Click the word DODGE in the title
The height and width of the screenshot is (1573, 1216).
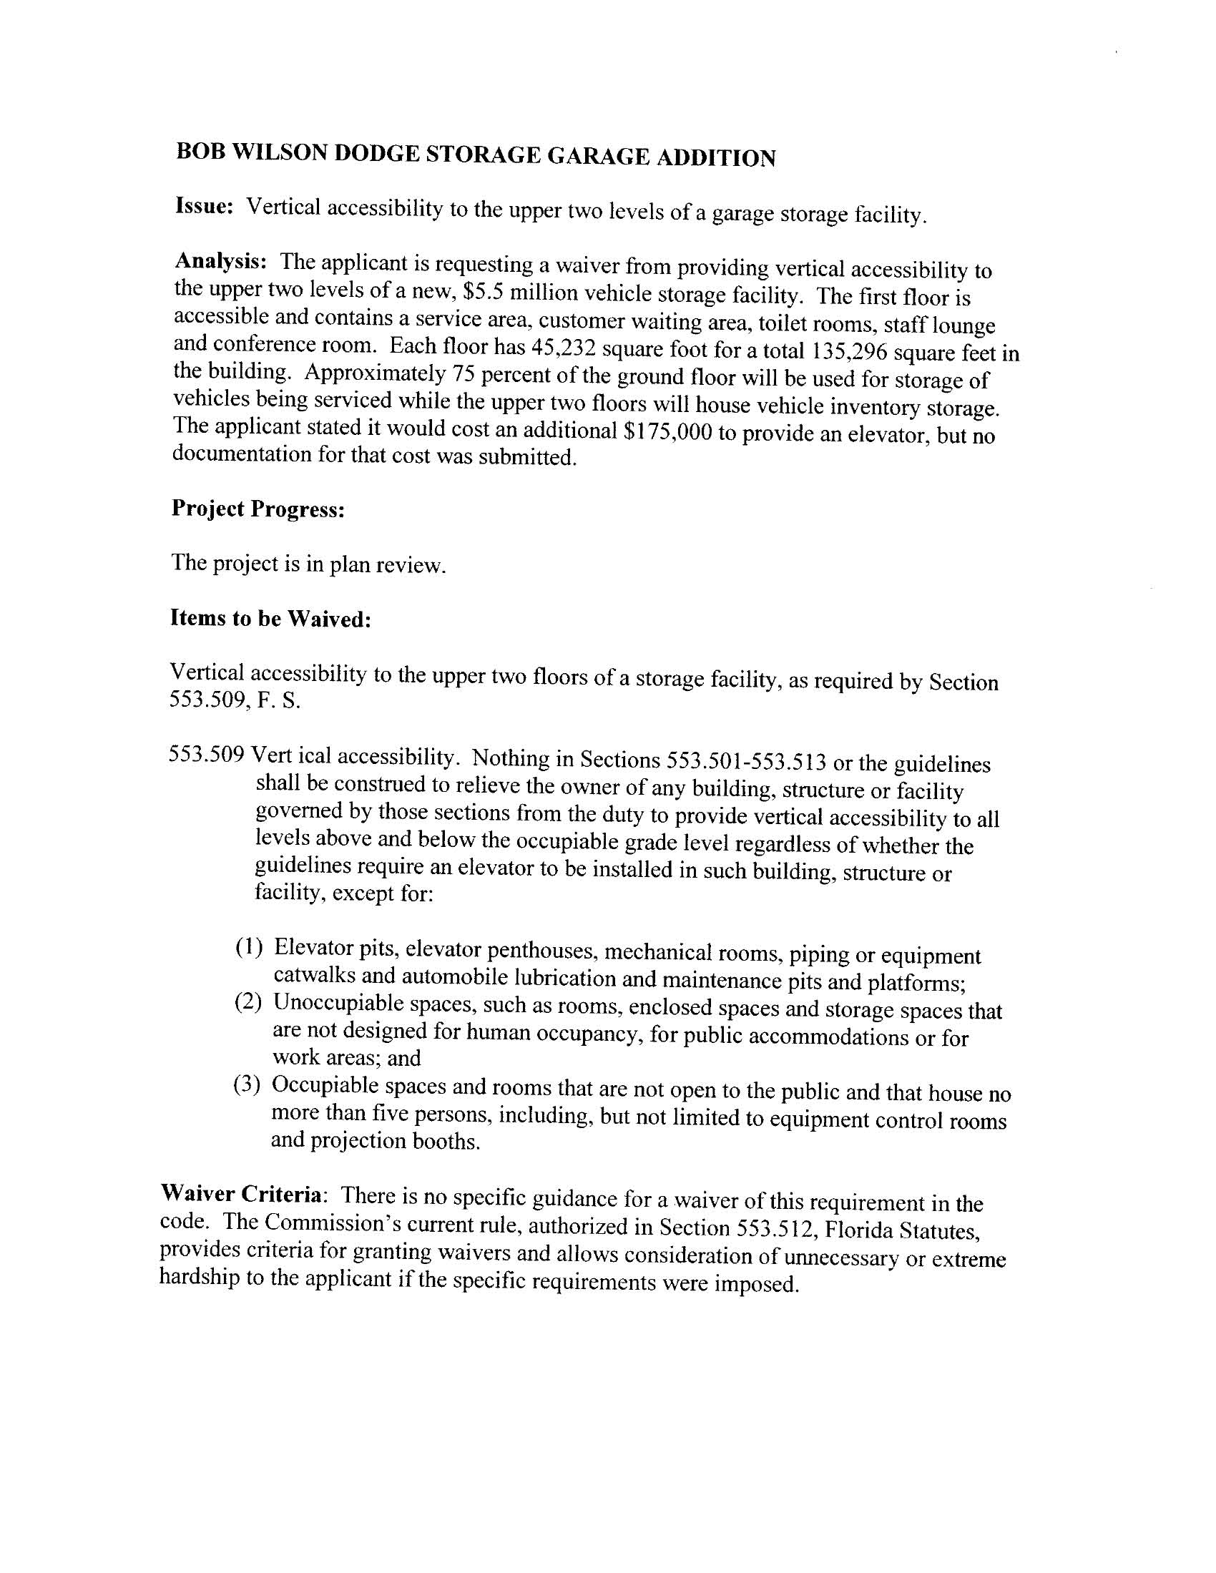click(x=378, y=152)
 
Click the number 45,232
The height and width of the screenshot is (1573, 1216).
click(x=563, y=348)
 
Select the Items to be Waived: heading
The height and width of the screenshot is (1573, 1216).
click(x=270, y=618)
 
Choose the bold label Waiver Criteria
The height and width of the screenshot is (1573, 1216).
click(x=241, y=1193)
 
